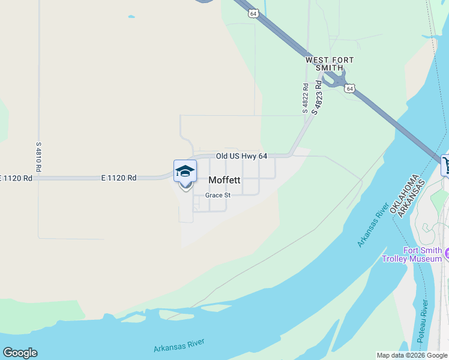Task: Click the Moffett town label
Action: pyautogui.click(x=224, y=180)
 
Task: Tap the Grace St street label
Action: pyautogui.click(x=218, y=196)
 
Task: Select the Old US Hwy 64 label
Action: pyautogui.click(x=241, y=156)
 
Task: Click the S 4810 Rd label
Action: pyautogui.click(x=38, y=157)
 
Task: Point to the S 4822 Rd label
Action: pyautogui.click(x=306, y=98)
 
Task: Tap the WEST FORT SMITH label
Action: pyautogui.click(x=329, y=64)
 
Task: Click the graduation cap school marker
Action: pyautogui.click(x=185, y=171)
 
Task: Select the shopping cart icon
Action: pyautogui.click(x=446, y=165)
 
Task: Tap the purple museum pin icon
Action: pyautogui.click(x=447, y=254)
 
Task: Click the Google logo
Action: pyautogui.click(x=20, y=353)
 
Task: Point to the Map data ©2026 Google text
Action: pyautogui.click(x=412, y=355)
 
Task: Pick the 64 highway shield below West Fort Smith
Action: pyautogui.click(x=350, y=88)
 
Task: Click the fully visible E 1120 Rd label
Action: pyautogui.click(x=119, y=178)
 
